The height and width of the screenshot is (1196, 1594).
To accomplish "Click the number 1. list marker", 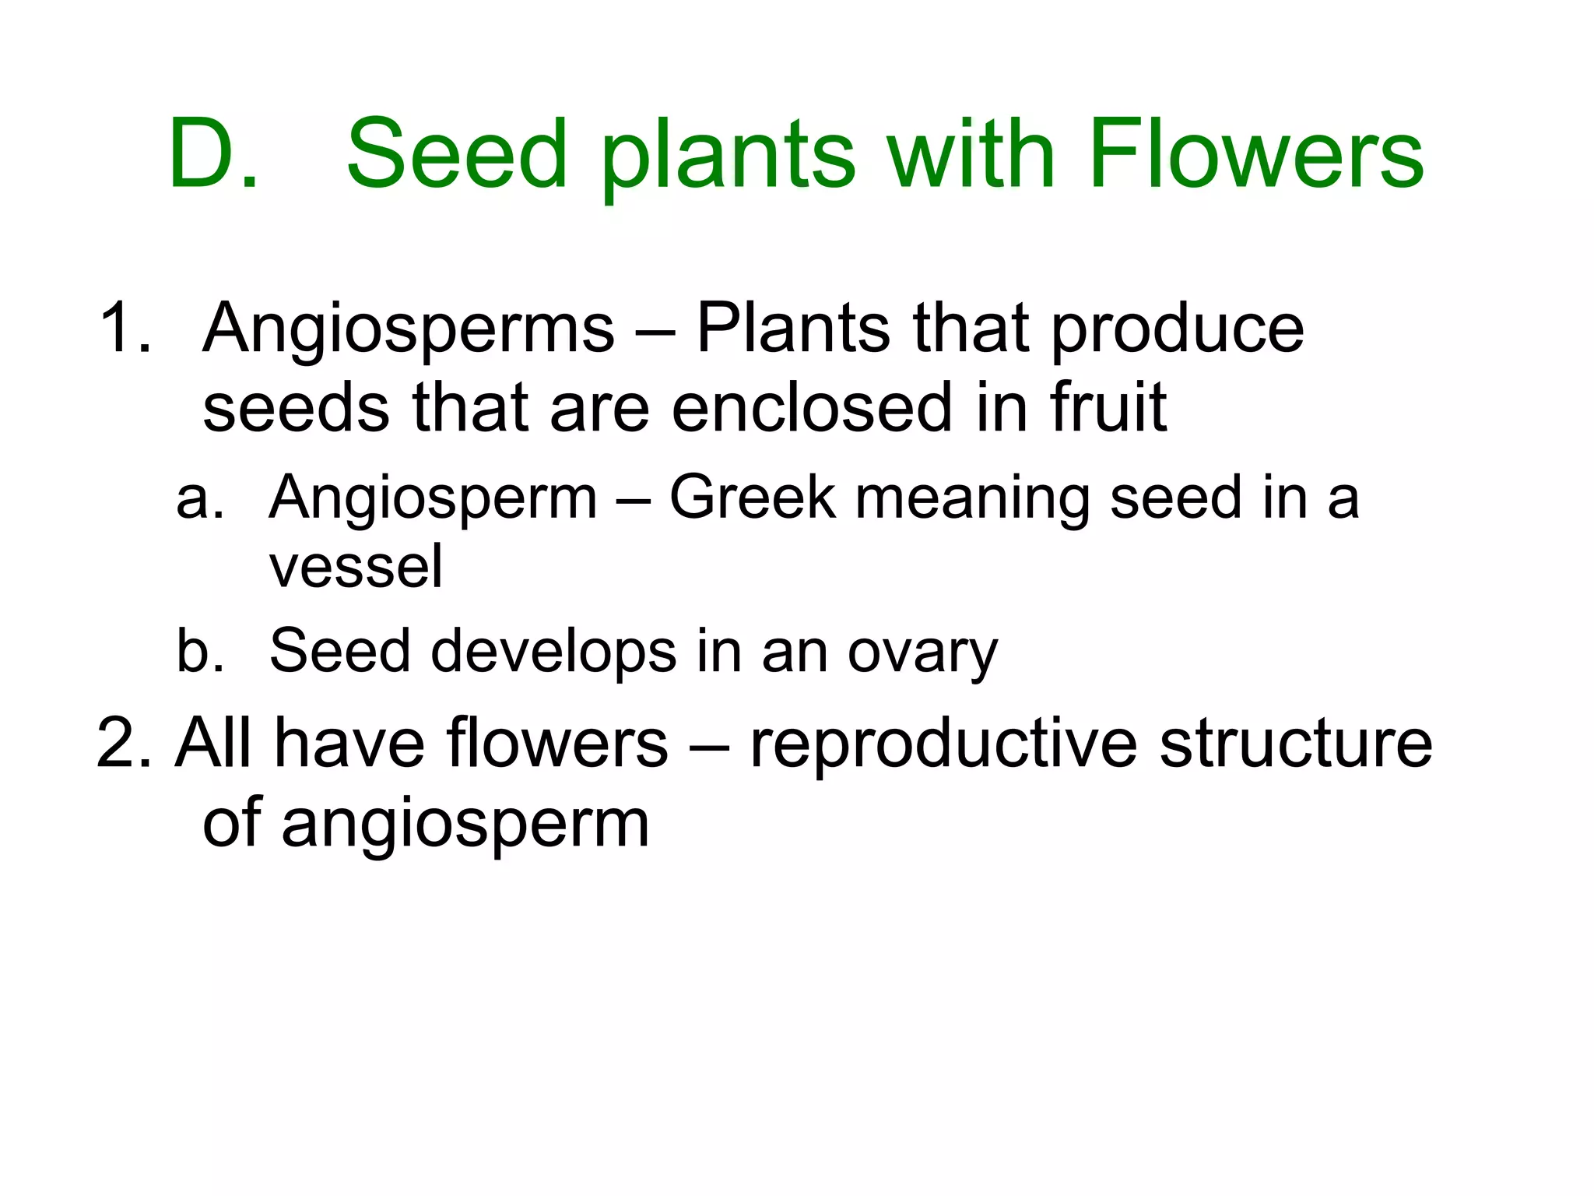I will pos(125,328).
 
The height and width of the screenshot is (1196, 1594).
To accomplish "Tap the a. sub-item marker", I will pos(200,498).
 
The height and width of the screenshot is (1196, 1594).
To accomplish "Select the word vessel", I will pos(356,567).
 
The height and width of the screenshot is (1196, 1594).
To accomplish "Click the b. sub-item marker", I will pos(200,650).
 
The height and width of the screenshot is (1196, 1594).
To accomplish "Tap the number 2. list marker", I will pos(125,744).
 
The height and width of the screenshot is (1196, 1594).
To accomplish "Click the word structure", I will pos(1295,744).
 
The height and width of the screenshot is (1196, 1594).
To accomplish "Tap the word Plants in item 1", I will pos(793,328).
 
